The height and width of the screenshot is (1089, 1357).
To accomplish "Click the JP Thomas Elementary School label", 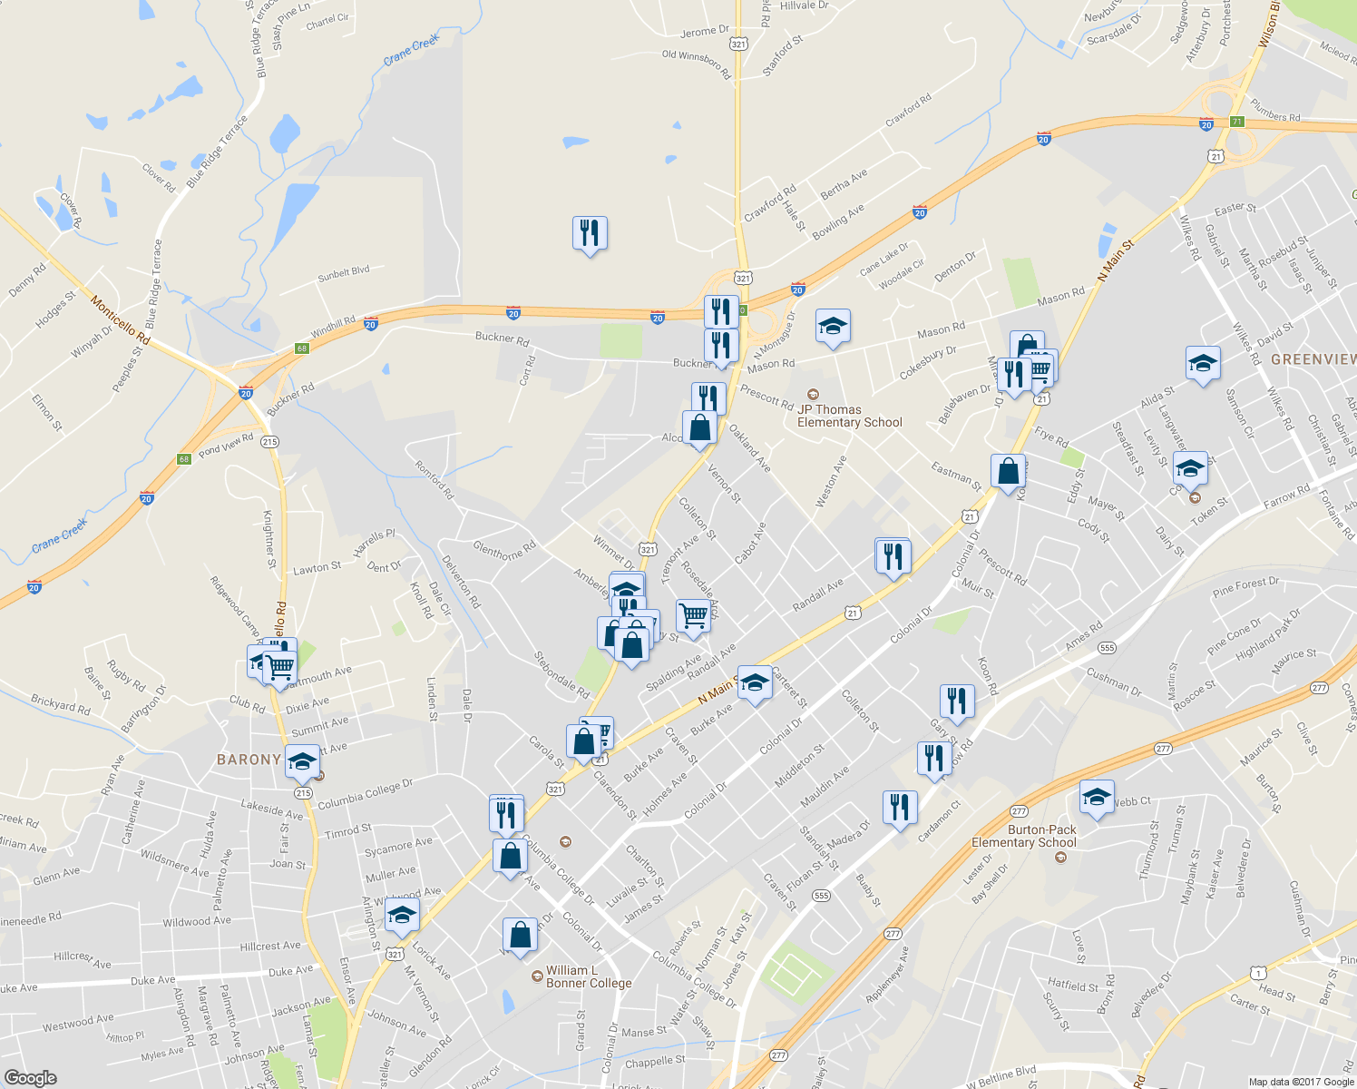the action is click(x=849, y=416).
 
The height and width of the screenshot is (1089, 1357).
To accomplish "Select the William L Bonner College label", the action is click(x=589, y=976).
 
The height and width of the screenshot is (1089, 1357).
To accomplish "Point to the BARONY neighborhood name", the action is click(x=249, y=760).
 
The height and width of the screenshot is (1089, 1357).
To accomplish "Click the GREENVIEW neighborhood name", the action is click(x=1313, y=359).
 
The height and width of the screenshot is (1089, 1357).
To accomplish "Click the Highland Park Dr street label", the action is click(x=1268, y=633).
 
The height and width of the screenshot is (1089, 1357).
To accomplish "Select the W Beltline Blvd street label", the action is click(x=1001, y=1078).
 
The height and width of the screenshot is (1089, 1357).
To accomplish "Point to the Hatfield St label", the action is click(x=1073, y=986).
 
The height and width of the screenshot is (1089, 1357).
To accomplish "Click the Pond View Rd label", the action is click(x=226, y=445).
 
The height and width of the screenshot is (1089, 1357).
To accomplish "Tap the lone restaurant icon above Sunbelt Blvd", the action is click(x=590, y=233).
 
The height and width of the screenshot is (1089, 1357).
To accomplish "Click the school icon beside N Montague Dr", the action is click(x=832, y=327).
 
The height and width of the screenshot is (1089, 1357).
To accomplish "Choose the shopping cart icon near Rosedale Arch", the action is click(x=693, y=615).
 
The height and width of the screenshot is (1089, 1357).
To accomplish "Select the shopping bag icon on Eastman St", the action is click(x=1008, y=472).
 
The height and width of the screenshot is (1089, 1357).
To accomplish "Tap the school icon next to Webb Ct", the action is click(x=1097, y=798).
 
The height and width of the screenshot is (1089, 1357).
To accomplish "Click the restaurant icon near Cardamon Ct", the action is click(x=899, y=806).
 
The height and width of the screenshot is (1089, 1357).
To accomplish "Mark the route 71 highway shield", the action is click(x=1237, y=122).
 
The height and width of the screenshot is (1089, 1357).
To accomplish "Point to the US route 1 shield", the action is click(x=1257, y=973).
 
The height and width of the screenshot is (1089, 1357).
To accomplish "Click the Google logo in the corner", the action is click(x=30, y=1078).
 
